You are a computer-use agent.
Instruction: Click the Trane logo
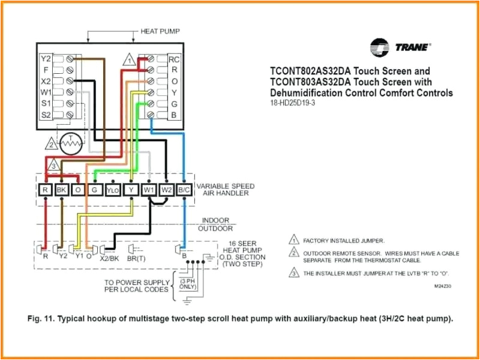coord(400,46)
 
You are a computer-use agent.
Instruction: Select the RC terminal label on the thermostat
coord(173,59)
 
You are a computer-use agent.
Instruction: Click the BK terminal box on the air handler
coord(61,190)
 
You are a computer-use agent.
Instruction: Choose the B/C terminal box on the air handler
coord(185,190)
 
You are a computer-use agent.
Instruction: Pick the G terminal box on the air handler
coord(95,190)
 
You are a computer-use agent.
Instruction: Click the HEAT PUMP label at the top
coord(160,31)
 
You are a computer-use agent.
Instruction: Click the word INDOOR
coord(215,220)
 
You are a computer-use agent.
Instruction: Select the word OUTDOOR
coord(215,229)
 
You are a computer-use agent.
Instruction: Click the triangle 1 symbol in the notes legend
coord(294,239)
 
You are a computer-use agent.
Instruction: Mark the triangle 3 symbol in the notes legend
coord(294,273)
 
